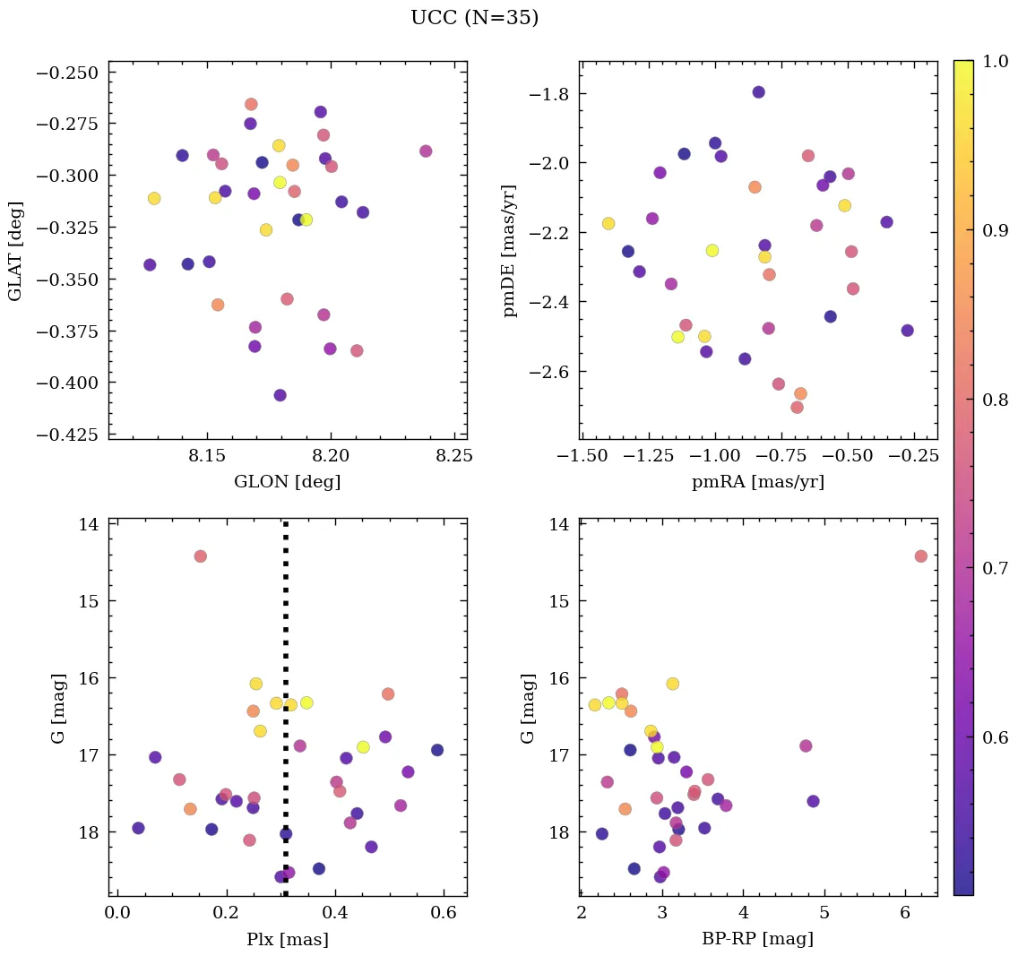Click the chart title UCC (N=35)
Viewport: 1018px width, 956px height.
click(474, 18)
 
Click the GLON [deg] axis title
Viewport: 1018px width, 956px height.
click(287, 482)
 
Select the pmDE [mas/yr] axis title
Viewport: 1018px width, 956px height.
click(510, 251)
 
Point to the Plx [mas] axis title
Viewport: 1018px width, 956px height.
click(287, 940)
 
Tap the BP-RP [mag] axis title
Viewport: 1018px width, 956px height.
click(758, 940)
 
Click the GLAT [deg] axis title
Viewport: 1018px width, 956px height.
click(15, 251)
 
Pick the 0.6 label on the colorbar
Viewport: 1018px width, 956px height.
click(995, 737)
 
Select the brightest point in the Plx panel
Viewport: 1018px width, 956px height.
click(200, 556)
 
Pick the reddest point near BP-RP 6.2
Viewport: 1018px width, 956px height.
click(920, 556)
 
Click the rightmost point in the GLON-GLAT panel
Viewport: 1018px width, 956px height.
click(426, 151)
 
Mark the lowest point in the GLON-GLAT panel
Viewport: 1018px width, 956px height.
click(280, 395)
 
